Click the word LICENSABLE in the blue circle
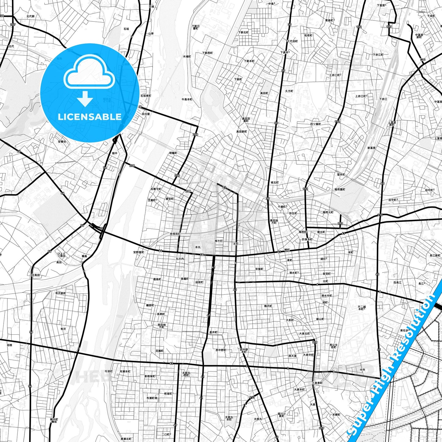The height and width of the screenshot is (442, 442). coord(90,117)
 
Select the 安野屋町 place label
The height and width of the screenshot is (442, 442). coord(139,252)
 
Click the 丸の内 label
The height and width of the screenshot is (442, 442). coord(180,259)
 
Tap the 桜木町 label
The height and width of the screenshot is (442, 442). coord(219,241)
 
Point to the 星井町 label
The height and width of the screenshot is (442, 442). coord(213,332)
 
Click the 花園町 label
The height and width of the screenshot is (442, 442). coord(159,351)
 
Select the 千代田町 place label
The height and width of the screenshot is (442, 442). coord(292,41)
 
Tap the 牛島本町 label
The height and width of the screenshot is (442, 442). coord(187,99)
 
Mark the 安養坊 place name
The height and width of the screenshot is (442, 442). coord(62,142)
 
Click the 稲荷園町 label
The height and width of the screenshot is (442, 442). coord(340,189)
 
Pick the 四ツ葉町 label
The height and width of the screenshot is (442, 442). coord(316,124)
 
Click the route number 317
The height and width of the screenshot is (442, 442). coord(252,397)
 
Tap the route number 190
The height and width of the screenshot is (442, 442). coord(340,224)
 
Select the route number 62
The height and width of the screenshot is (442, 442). coord(171,363)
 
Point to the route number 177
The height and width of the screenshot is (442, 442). coord(389,27)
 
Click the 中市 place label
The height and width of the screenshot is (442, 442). coord(362,370)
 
